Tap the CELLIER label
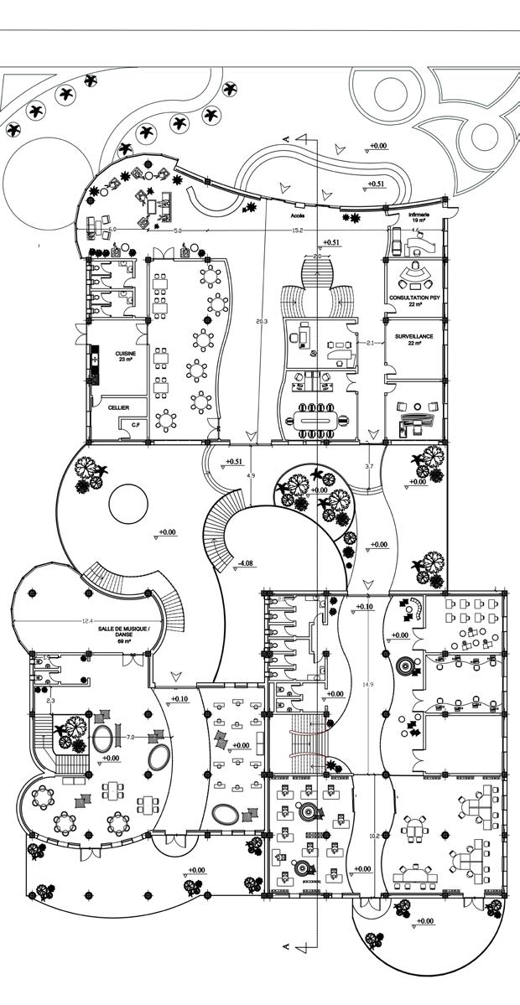(x=118, y=407)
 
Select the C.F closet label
(x=135, y=425)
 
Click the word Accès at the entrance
(x=298, y=215)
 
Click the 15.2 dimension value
(x=297, y=231)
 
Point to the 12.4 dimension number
(x=87, y=621)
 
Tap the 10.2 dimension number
(x=374, y=836)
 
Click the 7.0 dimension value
(x=131, y=737)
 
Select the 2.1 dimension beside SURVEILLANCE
(x=371, y=344)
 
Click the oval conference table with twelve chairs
(x=315, y=417)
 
